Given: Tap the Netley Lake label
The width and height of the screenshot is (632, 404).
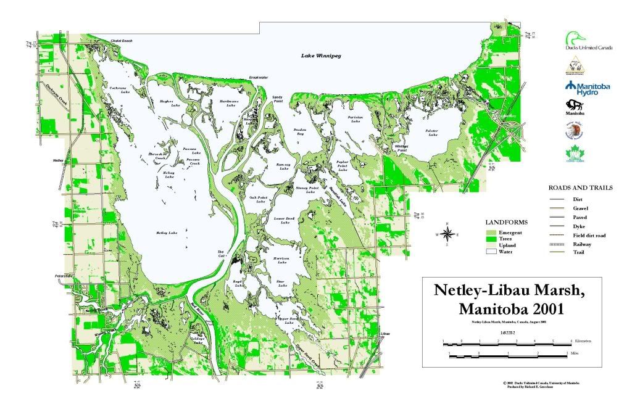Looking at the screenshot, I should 167,233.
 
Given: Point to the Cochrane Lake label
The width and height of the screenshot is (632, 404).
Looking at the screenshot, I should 118,90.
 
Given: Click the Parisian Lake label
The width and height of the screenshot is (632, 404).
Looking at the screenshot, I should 355,120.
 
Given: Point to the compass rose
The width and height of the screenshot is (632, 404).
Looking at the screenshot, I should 449,234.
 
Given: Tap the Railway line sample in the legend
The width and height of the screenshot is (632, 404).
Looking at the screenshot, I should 556,244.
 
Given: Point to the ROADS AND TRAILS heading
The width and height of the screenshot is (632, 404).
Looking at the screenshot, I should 580,188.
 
